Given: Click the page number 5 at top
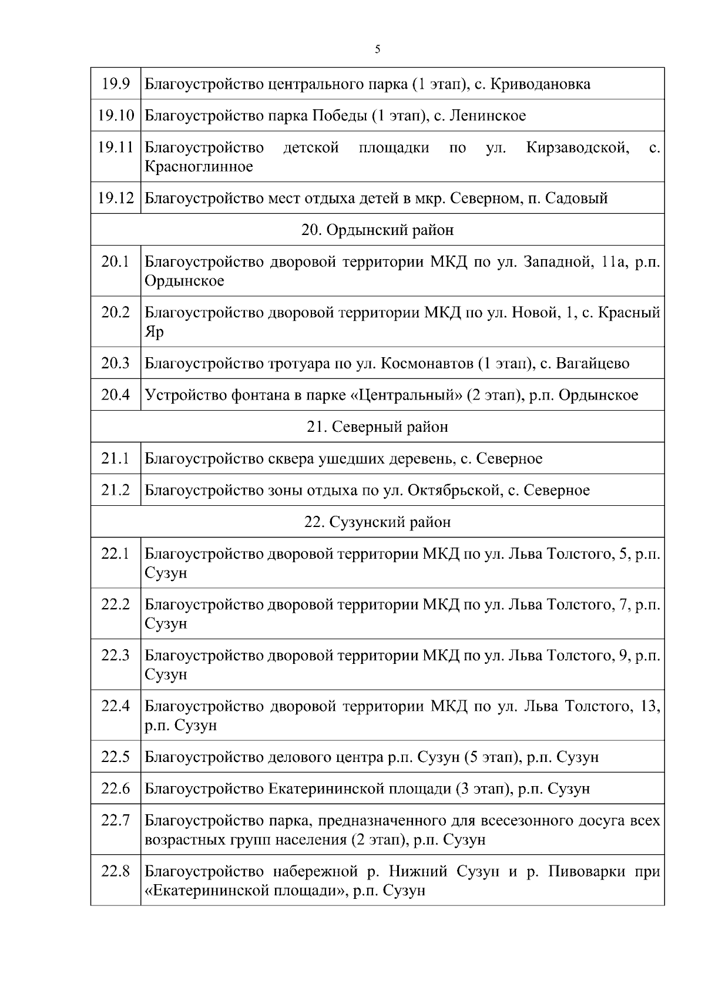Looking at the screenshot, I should pyautogui.click(x=377, y=49).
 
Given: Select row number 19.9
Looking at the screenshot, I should pyautogui.click(x=116, y=84).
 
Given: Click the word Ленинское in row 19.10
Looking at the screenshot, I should pyautogui.click(x=488, y=116).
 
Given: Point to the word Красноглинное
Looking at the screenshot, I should pyautogui.click(x=199, y=167).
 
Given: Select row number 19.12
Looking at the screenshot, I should pyautogui.click(x=116, y=198).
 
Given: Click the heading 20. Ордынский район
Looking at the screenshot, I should pyautogui.click(x=377, y=230).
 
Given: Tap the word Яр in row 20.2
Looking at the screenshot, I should pyautogui.click(x=154, y=332).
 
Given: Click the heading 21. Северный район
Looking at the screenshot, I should pyautogui.click(x=377, y=427).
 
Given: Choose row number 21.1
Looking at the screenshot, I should pyautogui.click(x=116, y=459).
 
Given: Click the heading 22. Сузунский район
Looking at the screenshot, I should pyautogui.click(x=377, y=522).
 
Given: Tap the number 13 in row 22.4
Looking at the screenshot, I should pyautogui.click(x=649, y=706).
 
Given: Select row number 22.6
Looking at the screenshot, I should pyautogui.click(x=116, y=788).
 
